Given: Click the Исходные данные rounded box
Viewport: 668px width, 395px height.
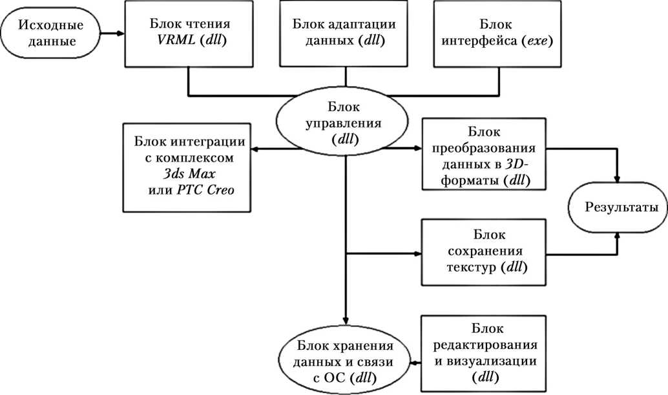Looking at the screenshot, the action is (50, 33).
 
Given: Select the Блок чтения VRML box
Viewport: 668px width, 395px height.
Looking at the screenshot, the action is (189, 34).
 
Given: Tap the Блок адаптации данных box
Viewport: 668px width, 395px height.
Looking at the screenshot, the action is (344, 34).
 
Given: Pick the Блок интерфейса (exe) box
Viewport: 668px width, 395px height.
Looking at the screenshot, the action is (497, 34).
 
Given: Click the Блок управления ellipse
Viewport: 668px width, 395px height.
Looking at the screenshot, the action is (343, 123).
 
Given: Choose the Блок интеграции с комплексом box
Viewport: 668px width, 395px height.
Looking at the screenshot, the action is (187, 167).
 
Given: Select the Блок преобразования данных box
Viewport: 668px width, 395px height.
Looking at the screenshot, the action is (483, 154).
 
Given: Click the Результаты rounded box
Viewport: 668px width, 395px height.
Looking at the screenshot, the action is (618, 207).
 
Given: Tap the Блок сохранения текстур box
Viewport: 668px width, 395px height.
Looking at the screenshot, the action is (483, 252).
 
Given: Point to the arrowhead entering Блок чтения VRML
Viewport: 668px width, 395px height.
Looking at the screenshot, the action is (121, 33).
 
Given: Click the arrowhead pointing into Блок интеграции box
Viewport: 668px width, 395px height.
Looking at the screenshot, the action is (255, 149).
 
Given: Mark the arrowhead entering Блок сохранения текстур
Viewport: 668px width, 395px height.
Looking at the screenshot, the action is (417, 254).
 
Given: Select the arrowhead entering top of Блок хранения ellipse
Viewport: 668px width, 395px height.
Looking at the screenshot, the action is (346, 321).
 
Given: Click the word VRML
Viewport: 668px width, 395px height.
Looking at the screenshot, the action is (176, 39).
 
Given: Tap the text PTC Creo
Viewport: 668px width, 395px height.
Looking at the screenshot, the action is (205, 189).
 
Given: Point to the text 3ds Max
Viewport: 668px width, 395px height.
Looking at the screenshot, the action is (189, 173).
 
